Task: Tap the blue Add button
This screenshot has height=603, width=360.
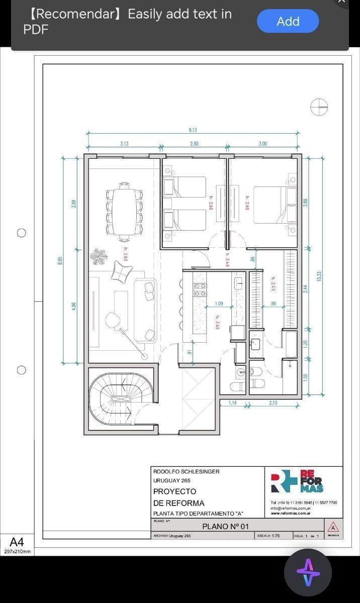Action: click(x=288, y=22)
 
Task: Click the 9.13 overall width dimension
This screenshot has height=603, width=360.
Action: click(x=193, y=130)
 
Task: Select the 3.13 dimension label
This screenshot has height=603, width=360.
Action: click(x=124, y=144)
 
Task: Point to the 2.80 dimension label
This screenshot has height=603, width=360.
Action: click(x=194, y=144)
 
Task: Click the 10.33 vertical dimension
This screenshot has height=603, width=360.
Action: click(x=319, y=276)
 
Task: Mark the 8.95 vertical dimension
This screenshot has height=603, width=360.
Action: click(x=60, y=260)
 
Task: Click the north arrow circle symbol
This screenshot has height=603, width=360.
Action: click(x=319, y=106)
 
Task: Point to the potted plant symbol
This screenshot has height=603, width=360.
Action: click(x=99, y=257)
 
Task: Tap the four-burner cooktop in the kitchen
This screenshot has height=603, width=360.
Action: click(x=200, y=290)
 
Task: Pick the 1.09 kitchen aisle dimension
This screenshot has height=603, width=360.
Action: click(x=219, y=304)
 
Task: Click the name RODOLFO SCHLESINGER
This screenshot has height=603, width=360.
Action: click(x=186, y=471)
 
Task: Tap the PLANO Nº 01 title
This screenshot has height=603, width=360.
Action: click(x=225, y=526)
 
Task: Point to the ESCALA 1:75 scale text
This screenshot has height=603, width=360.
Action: click(x=268, y=536)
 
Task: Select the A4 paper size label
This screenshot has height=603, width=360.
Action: click(x=17, y=542)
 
